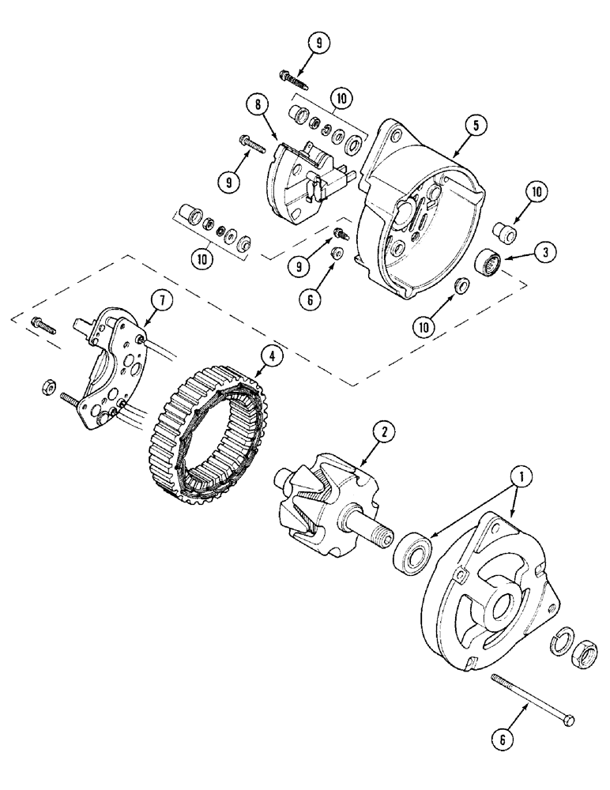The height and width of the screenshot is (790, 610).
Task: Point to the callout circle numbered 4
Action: point(271,356)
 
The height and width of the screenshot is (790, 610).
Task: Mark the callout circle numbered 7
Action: point(156,299)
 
